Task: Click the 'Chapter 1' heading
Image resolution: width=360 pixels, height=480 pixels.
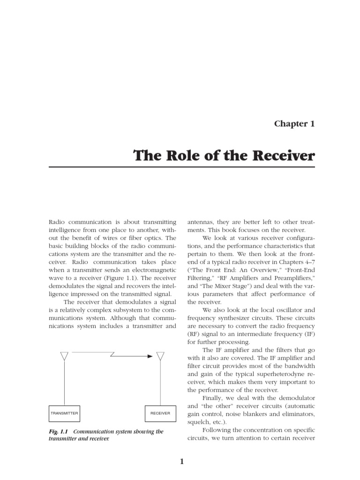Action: coord(294,124)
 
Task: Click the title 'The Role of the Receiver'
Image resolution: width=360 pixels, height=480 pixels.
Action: coord(224,155)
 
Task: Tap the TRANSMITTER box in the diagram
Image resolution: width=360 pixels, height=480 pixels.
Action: coord(65,413)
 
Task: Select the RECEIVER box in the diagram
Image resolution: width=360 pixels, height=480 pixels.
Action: coord(160,413)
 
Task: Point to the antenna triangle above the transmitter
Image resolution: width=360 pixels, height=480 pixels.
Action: coord(65,356)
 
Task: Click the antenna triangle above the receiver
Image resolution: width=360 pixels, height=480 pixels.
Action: coord(160,356)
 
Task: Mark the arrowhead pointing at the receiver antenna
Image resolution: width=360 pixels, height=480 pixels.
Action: coord(150,356)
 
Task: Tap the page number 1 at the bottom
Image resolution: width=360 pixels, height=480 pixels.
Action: coord(182,462)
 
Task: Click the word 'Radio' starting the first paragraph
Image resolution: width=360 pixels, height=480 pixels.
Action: coord(58,221)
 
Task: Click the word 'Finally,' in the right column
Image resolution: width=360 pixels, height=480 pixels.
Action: coord(215,398)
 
